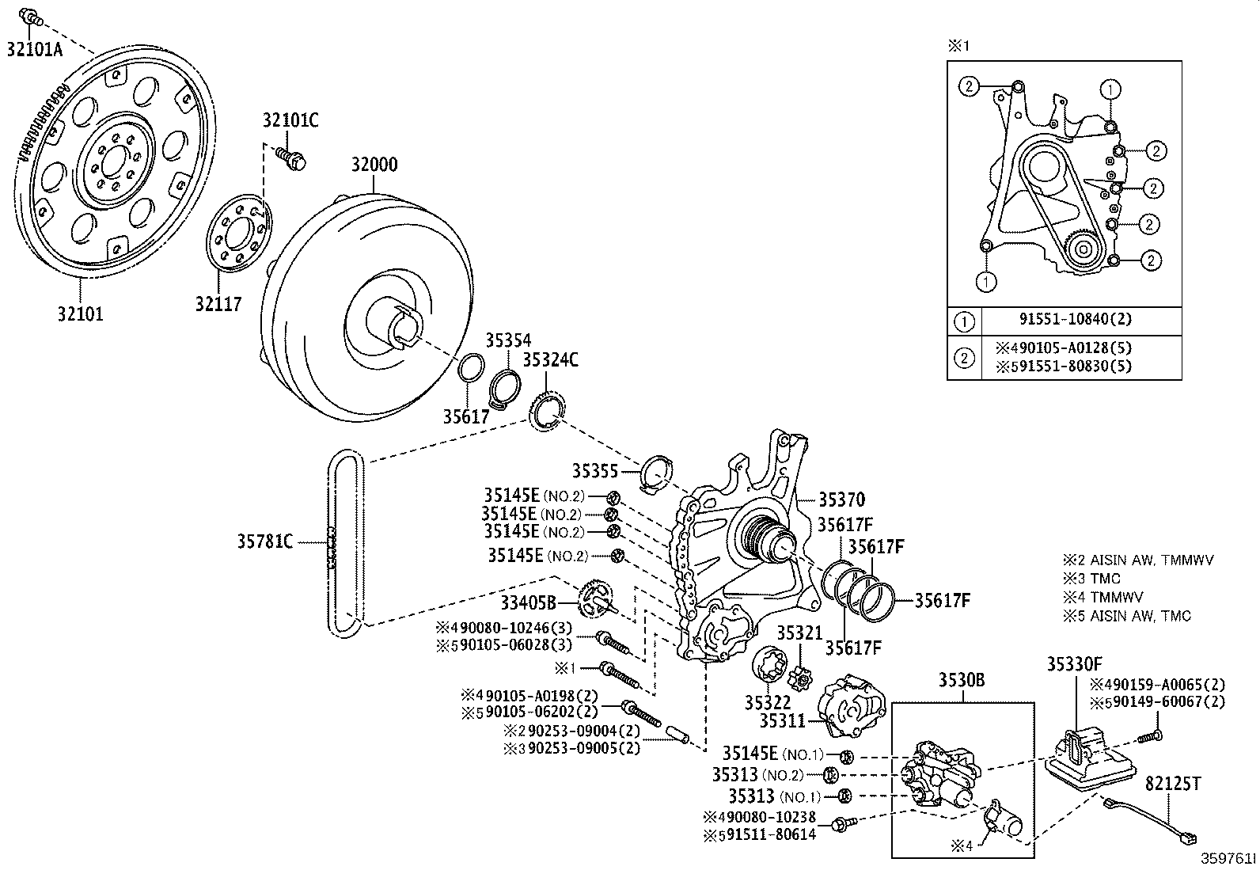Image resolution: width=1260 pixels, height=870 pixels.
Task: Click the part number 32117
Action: [x=218, y=303]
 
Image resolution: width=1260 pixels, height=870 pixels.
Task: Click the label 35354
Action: [x=508, y=340]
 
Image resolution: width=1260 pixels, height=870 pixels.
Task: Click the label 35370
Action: [x=841, y=500]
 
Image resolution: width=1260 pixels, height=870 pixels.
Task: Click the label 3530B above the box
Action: [x=962, y=679]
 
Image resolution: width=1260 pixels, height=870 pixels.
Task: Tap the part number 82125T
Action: [x=1173, y=784]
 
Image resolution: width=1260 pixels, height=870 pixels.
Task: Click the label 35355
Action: [x=594, y=471]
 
